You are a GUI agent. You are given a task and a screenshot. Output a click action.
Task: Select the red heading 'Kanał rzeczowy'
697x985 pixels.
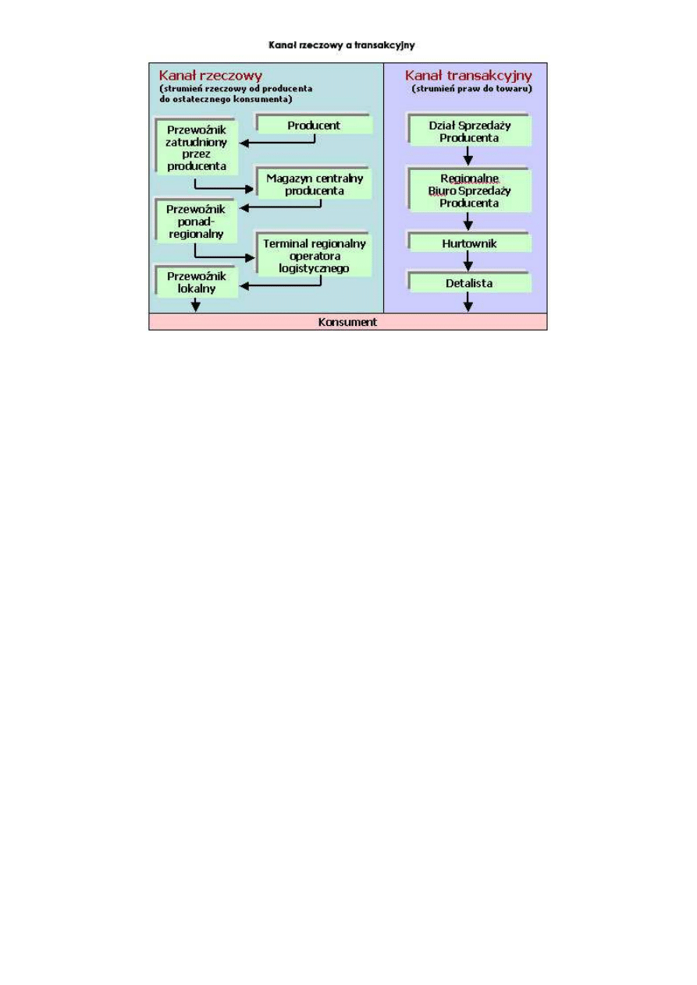pos(211,76)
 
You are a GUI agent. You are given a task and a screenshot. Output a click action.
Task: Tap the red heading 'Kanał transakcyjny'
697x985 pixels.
pos(468,76)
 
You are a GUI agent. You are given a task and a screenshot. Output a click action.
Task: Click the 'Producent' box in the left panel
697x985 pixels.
pos(314,125)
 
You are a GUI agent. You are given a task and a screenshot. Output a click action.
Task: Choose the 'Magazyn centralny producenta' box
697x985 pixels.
pos(315,184)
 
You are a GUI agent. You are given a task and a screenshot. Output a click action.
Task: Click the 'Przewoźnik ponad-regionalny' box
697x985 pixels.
pos(197,221)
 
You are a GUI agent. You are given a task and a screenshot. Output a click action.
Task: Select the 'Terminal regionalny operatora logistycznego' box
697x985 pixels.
pos(315,255)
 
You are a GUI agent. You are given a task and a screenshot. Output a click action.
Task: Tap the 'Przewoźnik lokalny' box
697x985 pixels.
pos(197,282)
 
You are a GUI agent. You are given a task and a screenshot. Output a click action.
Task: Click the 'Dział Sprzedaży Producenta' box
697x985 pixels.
pos(469,131)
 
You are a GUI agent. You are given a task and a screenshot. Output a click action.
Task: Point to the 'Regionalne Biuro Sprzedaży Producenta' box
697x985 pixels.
pos(469,190)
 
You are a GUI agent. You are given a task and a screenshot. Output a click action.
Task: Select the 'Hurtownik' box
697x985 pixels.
pos(469,243)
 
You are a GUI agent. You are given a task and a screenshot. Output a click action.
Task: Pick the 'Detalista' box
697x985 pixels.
pos(469,283)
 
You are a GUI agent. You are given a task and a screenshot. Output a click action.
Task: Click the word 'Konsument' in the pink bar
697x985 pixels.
pos(347,321)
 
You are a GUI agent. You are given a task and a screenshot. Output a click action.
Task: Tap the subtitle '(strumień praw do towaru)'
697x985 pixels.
pos(472,89)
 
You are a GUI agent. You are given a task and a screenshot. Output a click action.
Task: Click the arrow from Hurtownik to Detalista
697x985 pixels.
pos(468,262)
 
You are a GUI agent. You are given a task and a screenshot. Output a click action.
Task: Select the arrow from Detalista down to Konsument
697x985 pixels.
pos(468,303)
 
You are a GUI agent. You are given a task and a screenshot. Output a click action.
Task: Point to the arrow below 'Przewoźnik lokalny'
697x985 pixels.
pos(196,304)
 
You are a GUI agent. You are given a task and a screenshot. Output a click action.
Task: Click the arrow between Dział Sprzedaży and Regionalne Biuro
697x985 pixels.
pos(468,156)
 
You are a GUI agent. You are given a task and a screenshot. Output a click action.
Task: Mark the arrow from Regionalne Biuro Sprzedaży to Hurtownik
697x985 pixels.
pos(468,221)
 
